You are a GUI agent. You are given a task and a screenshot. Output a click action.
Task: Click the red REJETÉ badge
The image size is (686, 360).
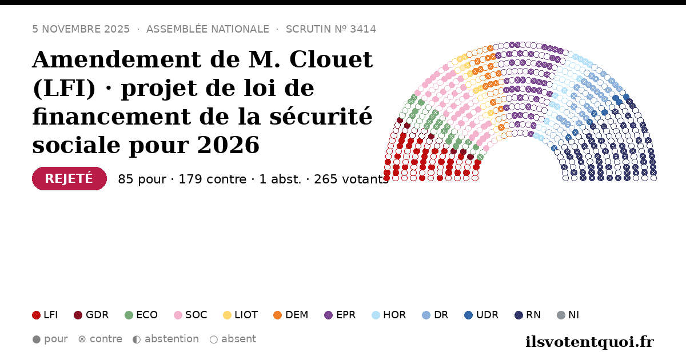pos(69,178)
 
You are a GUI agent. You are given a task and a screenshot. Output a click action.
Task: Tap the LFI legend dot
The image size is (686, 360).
pos(36,315)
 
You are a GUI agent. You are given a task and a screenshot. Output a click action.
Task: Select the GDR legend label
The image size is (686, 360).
pos(97,315)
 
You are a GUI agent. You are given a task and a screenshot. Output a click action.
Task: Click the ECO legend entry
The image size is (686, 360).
pos(141,315)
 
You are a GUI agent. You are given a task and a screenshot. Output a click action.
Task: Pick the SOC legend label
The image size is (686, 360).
pos(196,315)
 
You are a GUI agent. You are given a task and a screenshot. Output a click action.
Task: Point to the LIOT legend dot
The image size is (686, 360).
pos(228,315)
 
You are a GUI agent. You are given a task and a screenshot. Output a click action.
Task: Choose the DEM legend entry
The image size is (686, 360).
pos(290,315)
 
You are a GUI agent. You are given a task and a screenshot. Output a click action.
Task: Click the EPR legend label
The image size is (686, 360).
pos(346,315)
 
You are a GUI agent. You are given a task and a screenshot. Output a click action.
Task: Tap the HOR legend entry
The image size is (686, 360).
pos(389,315)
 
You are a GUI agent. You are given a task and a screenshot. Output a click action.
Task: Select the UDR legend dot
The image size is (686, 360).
pos(469,315)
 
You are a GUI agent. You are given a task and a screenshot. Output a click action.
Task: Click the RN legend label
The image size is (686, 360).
pos(533,315)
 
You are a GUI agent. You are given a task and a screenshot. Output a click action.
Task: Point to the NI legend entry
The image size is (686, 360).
pos(568,315)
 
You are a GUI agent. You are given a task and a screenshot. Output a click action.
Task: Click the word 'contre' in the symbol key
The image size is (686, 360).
pos(106,339)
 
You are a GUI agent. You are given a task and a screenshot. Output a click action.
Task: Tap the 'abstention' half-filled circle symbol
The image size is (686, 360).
pos(137,339)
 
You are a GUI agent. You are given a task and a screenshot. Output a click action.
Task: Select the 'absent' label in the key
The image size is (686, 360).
pos(238,339)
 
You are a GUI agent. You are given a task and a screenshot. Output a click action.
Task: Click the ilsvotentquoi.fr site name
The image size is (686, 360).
pos(590,342)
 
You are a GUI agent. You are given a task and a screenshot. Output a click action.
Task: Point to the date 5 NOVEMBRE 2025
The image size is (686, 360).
pos(81,29)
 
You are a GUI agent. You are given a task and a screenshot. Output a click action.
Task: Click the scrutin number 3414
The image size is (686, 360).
pos(363,29)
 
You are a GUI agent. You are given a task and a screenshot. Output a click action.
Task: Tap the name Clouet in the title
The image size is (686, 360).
pos(331,59)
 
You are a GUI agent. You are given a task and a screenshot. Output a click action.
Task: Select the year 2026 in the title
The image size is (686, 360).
pos(228,145)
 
